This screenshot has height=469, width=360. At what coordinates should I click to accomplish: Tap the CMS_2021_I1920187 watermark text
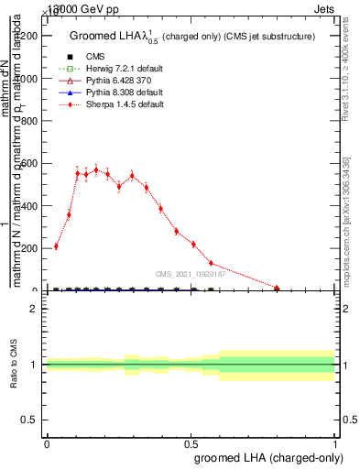click(x=191, y=273)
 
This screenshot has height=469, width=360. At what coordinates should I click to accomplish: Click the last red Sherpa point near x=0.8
click(x=277, y=288)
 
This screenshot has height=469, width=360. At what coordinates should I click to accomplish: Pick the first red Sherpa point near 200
click(x=56, y=246)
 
